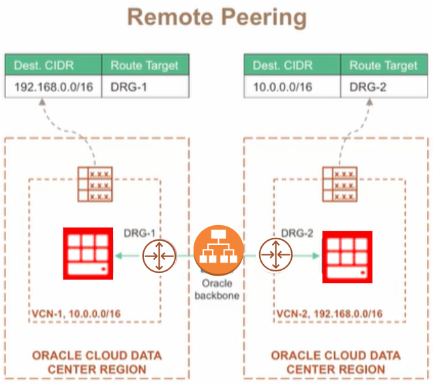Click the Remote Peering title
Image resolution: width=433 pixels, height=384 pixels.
(217, 18)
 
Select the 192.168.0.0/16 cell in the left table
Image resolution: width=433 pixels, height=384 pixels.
(54, 87)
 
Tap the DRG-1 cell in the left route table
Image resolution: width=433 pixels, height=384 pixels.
(145, 87)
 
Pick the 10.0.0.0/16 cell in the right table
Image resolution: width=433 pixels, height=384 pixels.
(293, 87)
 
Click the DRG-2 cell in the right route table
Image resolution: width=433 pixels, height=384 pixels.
(385, 87)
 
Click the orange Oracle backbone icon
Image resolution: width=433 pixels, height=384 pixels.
(218, 250)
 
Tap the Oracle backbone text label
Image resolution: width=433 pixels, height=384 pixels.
(217, 289)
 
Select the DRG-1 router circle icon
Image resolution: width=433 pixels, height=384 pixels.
(159, 256)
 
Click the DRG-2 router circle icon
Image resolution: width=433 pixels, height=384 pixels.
(275, 254)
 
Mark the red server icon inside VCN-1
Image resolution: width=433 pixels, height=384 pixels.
(88, 253)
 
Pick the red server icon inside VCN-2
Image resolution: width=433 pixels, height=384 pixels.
(347, 257)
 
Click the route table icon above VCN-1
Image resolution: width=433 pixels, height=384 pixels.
(95, 184)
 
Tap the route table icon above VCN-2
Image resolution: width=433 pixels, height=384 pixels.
(340, 184)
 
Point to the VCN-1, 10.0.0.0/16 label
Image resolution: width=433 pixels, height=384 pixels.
(76, 314)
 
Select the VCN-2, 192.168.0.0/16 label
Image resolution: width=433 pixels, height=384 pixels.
(329, 314)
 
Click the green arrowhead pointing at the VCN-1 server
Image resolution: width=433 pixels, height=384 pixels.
(119, 256)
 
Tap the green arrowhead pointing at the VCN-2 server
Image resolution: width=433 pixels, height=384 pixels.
(316, 256)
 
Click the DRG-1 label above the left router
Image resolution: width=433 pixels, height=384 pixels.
(140, 233)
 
